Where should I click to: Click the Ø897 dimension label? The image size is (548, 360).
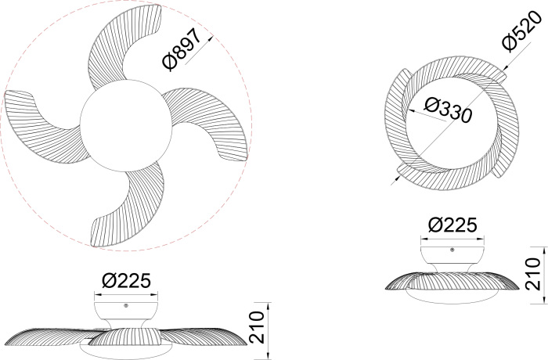(x=182, y=49)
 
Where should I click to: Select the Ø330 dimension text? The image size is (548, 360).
(x=449, y=110)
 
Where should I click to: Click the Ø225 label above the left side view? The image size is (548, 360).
(x=126, y=280)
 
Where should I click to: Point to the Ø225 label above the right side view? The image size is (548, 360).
(x=452, y=225)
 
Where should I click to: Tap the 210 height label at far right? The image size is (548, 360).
(x=533, y=274)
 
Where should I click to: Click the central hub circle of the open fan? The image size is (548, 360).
(x=126, y=126)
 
